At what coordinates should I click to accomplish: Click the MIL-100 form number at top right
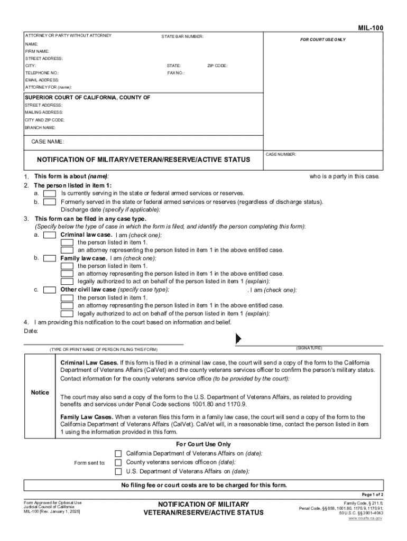click(371, 27)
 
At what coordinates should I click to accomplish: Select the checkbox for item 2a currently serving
click(50, 193)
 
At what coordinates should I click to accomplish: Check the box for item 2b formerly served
click(50, 202)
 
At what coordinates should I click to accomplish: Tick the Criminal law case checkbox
click(50, 235)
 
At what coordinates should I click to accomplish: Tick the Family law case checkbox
click(50, 258)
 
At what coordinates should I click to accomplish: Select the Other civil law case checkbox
click(50, 290)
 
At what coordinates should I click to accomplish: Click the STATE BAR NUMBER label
click(182, 36)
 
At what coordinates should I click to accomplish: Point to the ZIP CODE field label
click(217, 66)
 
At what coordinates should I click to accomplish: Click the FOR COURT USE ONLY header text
click(323, 40)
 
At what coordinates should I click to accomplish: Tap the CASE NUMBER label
click(281, 154)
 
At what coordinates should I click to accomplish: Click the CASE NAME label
click(48, 142)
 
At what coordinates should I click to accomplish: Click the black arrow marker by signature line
click(238, 338)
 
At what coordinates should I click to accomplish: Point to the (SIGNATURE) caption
click(309, 348)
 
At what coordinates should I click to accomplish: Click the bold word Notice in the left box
click(40, 393)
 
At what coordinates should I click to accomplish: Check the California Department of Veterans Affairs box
click(118, 453)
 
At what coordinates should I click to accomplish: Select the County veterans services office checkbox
click(118, 462)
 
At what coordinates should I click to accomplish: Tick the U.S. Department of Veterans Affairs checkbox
click(118, 471)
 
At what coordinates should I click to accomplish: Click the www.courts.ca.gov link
click(366, 518)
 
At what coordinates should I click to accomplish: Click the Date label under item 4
click(31, 331)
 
